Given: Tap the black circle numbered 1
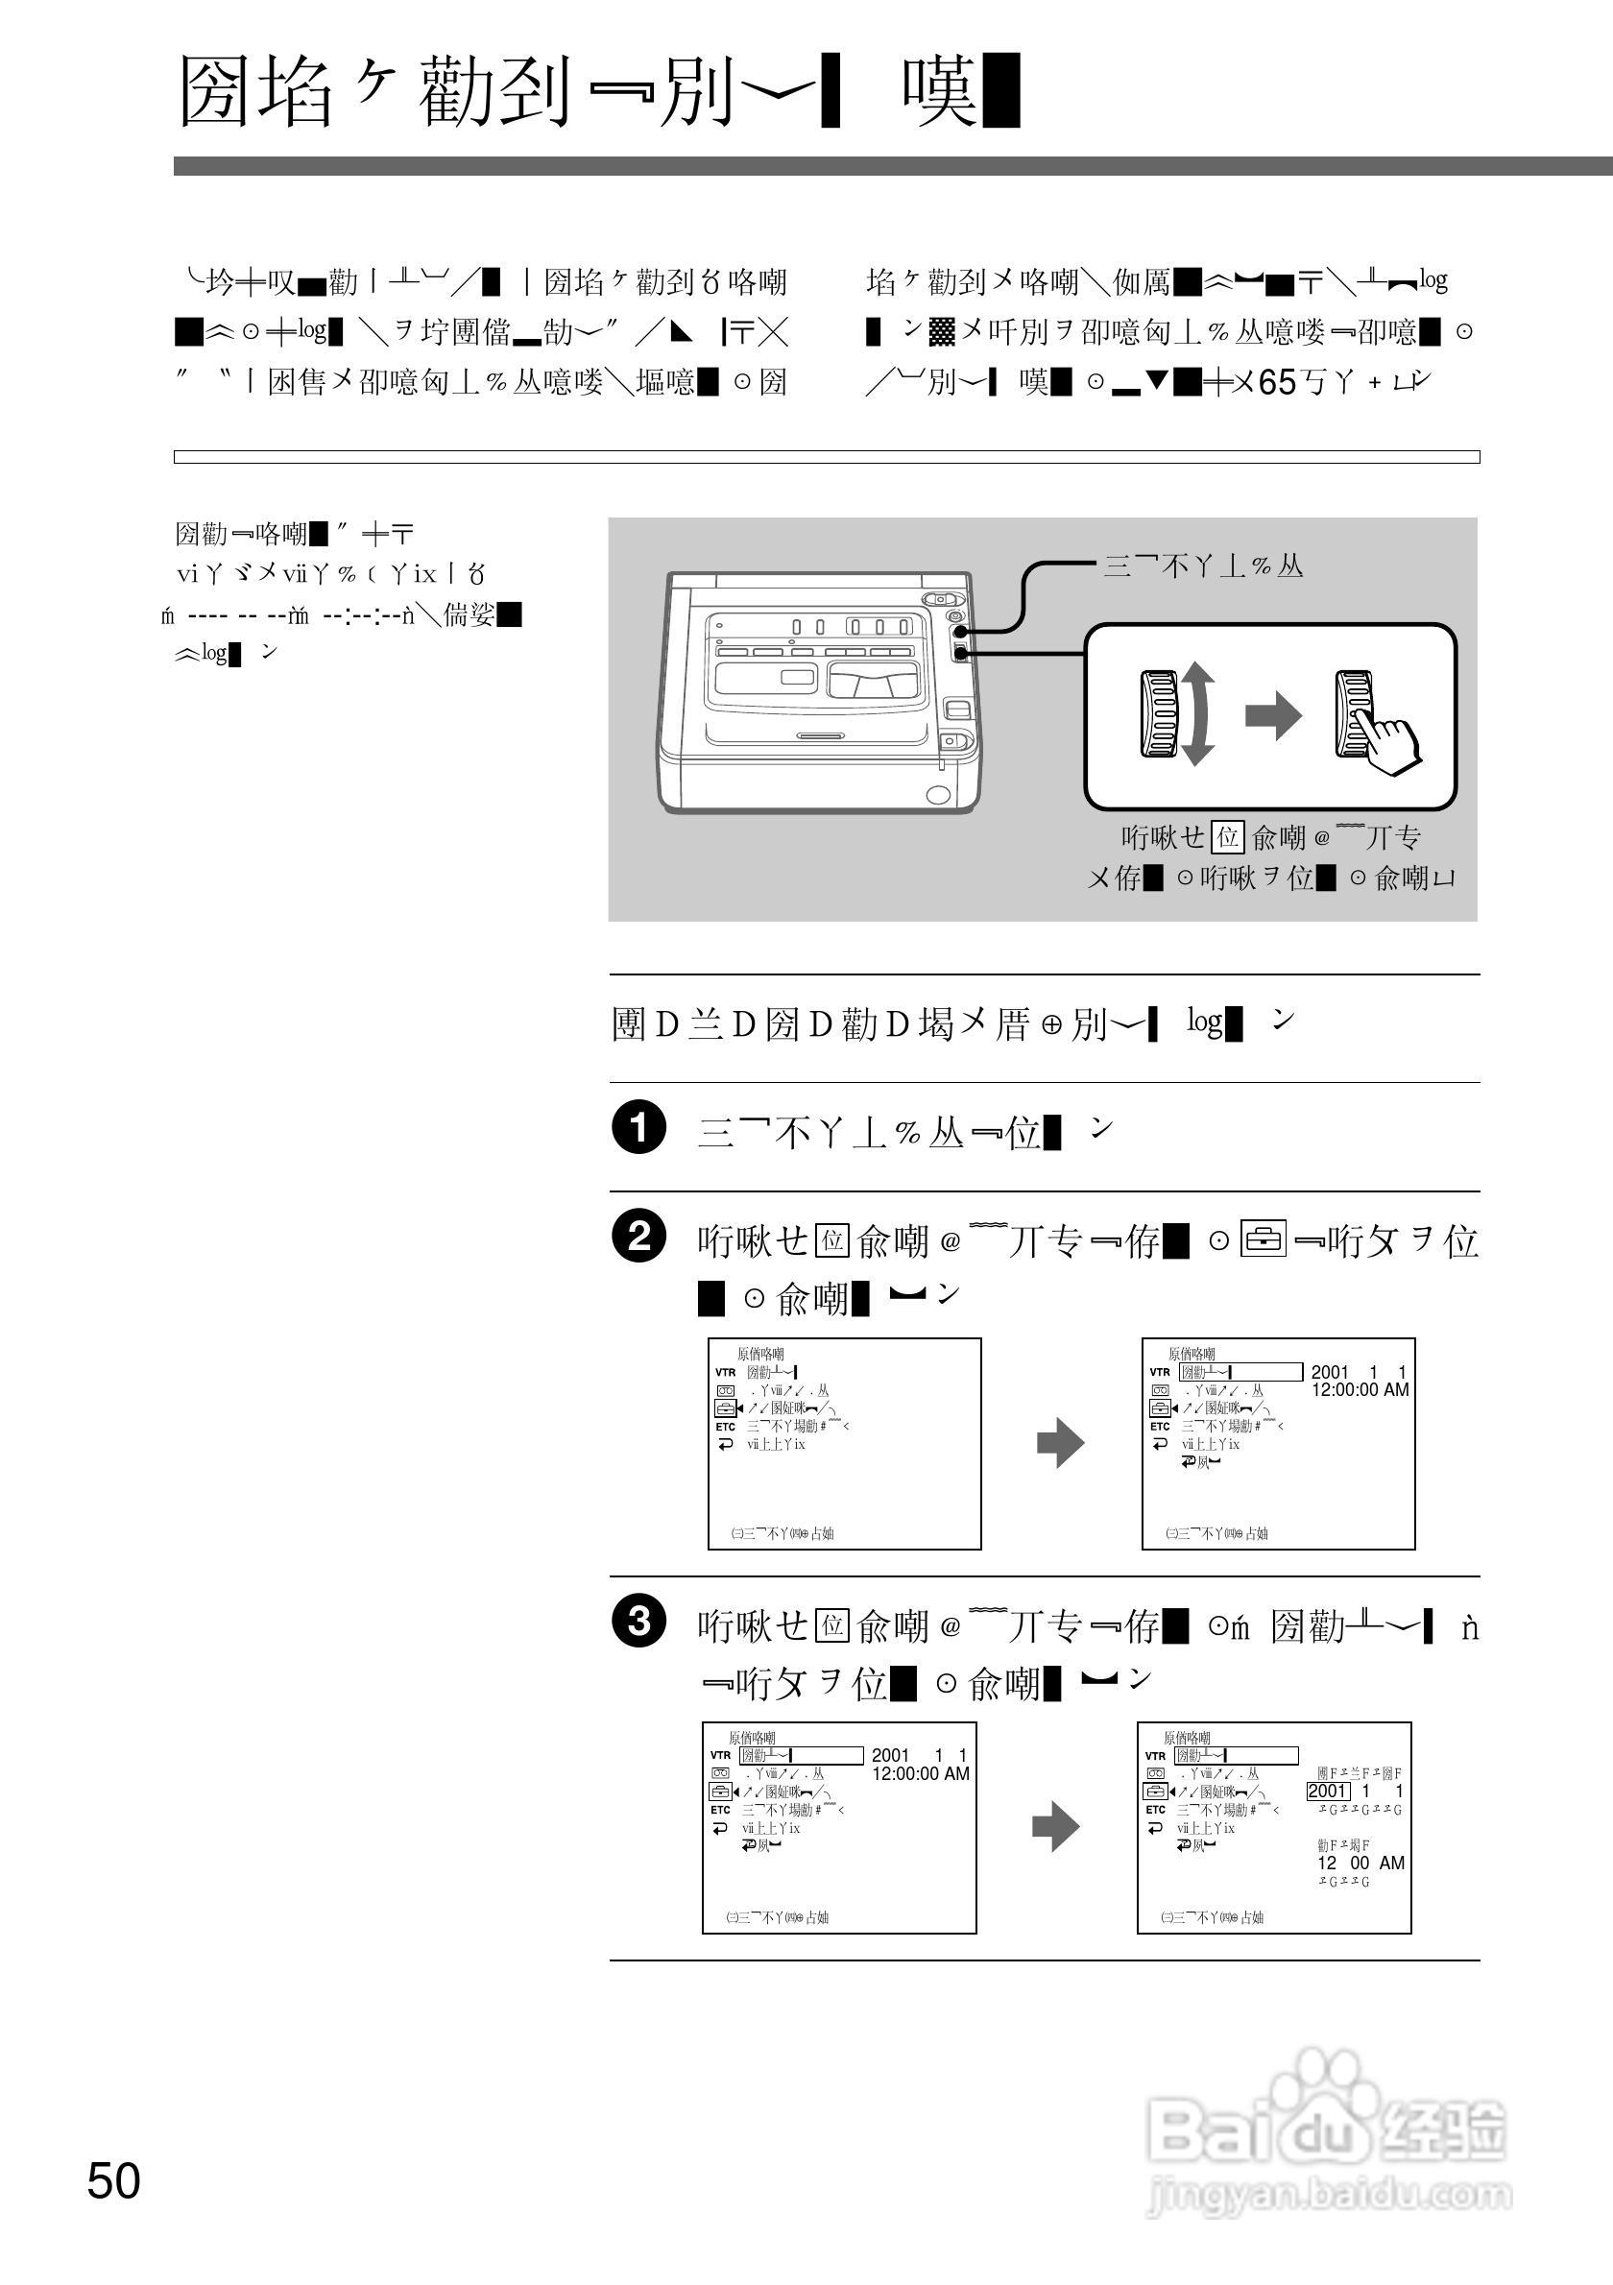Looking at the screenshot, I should point(638,1127).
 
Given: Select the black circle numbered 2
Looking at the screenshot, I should point(638,1236).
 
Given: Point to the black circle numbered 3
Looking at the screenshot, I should point(638,1622).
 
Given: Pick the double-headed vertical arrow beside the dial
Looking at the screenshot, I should point(1197,713).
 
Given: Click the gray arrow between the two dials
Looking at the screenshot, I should point(1273,714).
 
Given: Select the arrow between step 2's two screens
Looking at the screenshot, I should point(1060,1444).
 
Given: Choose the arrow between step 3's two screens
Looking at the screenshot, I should point(1055,1827).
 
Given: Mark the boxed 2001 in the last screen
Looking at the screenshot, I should point(1328,1792).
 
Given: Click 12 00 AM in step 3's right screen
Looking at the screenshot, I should point(1360,1863).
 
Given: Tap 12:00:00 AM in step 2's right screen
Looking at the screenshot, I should point(1360,1390).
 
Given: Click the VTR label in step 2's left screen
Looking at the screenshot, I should point(726,1372).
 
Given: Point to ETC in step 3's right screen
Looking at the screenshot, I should point(1154,1811).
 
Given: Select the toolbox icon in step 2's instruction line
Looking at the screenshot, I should point(1264,1240).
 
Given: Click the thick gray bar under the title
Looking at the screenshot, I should point(893,166).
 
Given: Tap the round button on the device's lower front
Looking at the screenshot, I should point(937,795).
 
